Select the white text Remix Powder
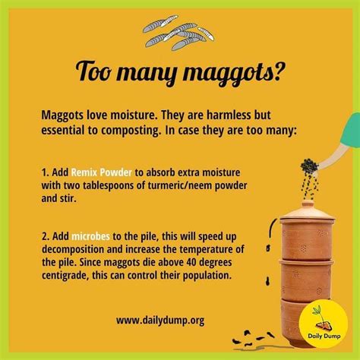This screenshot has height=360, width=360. [102, 172]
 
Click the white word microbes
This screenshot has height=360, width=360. [90, 236]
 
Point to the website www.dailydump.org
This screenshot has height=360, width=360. [160, 321]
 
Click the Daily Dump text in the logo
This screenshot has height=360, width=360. [324, 336]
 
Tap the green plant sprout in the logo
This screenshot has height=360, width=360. [317, 313]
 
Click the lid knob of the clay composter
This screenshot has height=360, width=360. [308, 204]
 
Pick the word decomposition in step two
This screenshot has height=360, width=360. [73, 249]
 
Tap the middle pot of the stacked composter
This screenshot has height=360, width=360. [306, 279]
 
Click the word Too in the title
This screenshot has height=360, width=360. [93, 71]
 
